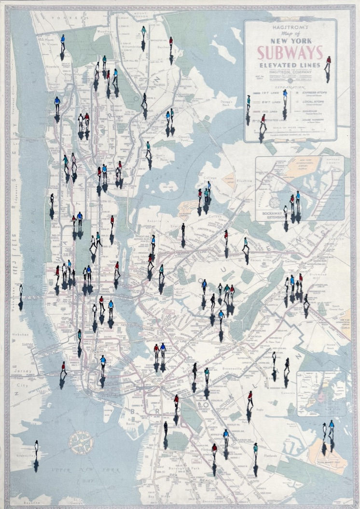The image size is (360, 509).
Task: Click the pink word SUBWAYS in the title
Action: point(290,52)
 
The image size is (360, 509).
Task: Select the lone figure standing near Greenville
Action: point(36,448)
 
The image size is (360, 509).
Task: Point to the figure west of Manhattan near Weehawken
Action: point(21,291)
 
